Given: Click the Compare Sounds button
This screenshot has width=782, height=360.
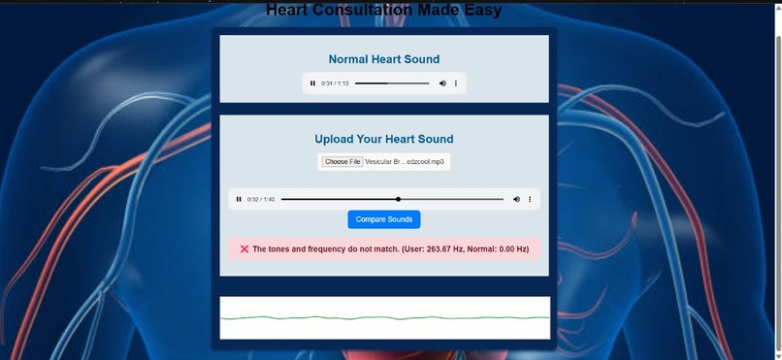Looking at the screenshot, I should click(x=384, y=219).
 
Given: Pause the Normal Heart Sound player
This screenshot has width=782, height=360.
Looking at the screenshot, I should click(x=312, y=83).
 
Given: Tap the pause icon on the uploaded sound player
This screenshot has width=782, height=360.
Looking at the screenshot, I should click(x=239, y=199).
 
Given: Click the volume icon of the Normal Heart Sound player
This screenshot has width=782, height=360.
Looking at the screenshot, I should click(x=442, y=83).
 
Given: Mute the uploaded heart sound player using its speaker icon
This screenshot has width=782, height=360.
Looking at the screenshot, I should click(x=516, y=199).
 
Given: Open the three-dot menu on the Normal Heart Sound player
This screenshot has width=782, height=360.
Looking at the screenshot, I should click(x=456, y=83).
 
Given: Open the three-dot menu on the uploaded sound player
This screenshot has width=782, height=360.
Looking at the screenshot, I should click(x=530, y=199).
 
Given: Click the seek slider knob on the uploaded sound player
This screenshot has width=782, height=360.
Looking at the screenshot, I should click(x=398, y=199).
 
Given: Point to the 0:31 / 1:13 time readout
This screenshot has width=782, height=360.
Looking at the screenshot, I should click(x=335, y=83).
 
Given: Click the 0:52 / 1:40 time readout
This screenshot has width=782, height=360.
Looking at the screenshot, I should click(x=261, y=199).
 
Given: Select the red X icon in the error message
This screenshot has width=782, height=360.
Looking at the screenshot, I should click(x=244, y=249).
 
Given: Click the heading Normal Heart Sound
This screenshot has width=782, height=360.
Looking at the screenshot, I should click(x=384, y=59).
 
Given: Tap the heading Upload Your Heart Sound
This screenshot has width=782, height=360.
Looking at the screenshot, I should click(x=384, y=139).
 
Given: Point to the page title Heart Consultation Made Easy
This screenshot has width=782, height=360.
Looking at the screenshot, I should click(x=384, y=11).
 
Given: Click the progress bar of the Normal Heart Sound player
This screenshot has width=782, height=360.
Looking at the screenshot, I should click(x=392, y=83).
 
